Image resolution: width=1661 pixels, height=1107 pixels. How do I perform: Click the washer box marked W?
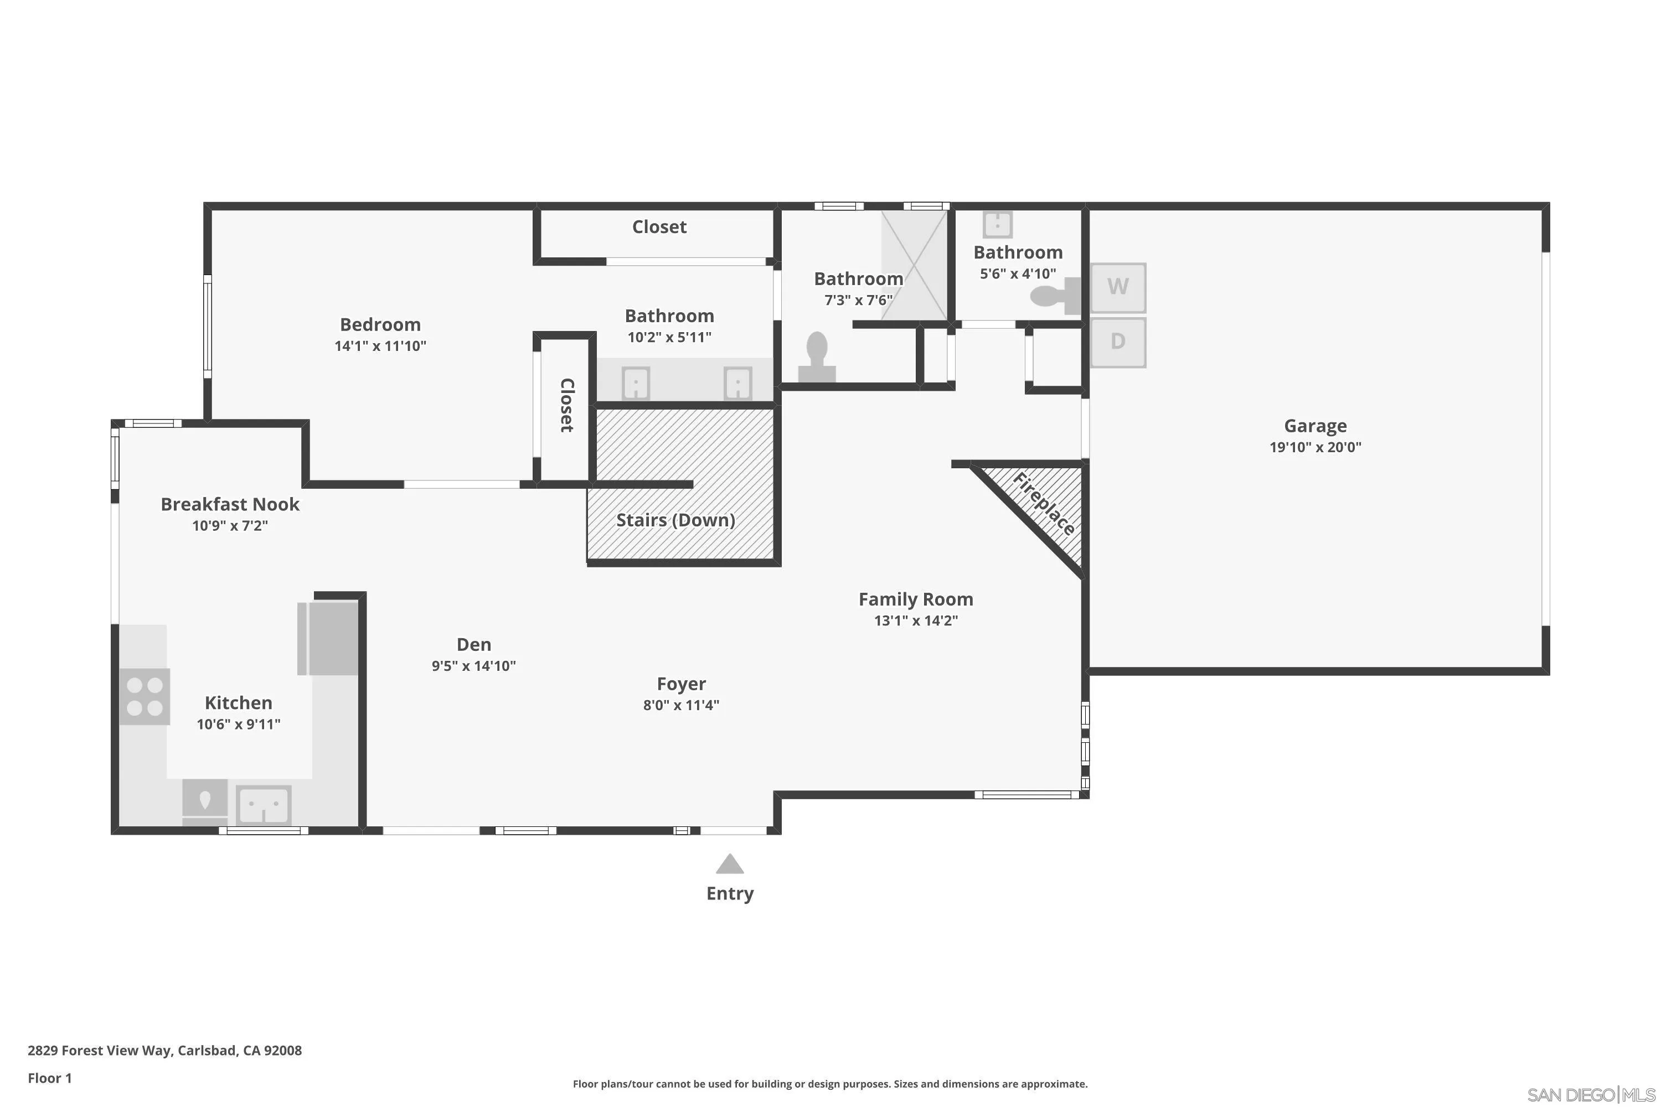point(1117,287)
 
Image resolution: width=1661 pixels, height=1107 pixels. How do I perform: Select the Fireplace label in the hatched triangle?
point(1044,504)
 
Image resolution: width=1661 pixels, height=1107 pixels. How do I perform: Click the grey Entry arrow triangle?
point(730,864)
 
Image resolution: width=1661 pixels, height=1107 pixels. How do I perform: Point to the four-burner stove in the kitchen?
point(145,696)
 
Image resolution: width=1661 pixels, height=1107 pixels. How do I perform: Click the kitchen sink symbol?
point(264,805)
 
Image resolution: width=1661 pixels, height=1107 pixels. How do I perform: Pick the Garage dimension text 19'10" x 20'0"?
point(1315,447)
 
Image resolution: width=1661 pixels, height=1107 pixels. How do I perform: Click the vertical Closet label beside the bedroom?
point(566,405)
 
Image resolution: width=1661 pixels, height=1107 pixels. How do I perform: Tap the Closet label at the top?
point(659,226)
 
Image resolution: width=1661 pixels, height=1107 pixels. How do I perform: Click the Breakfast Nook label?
point(230,504)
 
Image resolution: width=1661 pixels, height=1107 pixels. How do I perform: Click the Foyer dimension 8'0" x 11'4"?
point(681,705)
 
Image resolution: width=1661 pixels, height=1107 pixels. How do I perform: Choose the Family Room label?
point(915,599)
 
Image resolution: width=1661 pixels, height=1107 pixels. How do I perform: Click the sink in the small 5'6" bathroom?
point(997,225)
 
